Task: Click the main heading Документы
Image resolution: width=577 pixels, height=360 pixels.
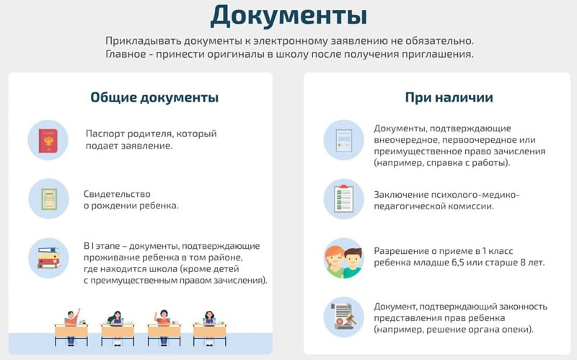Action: [x=289, y=16]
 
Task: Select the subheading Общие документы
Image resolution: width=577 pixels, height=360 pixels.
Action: [x=154, y=97]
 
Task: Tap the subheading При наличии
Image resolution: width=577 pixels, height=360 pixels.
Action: [x=449, y=97]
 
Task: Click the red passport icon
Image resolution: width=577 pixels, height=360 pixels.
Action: [x=48, y=140]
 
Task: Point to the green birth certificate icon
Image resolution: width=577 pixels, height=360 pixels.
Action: [x=48, y=199]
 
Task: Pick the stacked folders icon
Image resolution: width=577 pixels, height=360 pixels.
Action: [x=48, y=258]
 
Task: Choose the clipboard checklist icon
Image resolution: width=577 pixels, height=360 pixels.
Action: [x=343, y=199]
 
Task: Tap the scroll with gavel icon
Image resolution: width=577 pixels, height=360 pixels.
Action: [x=344, y=317]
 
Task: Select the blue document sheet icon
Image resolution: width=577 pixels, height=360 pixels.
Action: [x=344, y=140]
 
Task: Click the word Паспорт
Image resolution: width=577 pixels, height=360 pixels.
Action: [x=103, y=133]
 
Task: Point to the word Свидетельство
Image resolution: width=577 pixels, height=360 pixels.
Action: [x=117, y=194]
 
